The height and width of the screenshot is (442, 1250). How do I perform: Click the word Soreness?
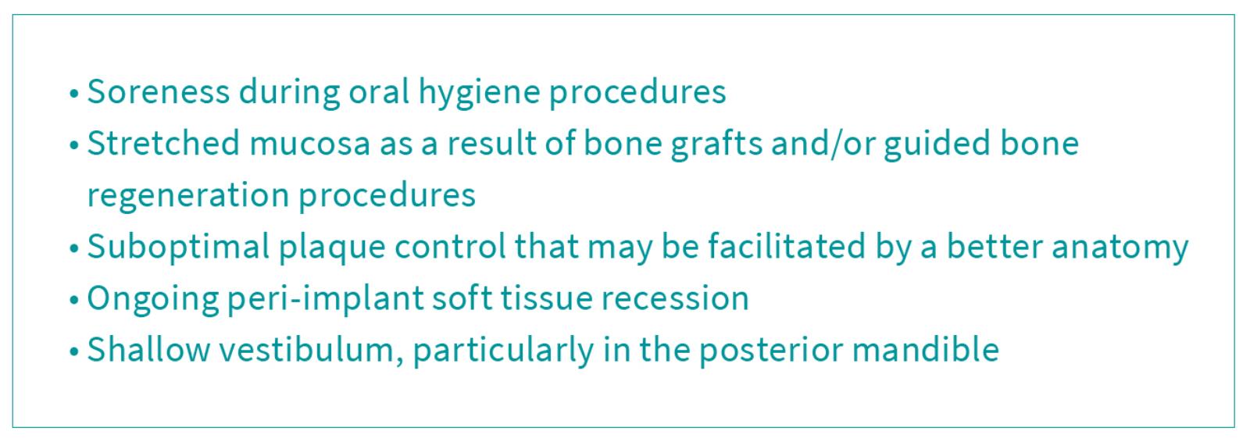point(159,91)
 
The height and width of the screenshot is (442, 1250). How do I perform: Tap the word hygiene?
point(480,93)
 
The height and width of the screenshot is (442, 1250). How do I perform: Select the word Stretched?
point(163,143)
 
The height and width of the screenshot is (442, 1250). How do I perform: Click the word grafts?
point(716,144)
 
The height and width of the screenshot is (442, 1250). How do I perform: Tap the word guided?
point(937,144)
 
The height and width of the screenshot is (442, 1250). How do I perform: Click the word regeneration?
point(188,197)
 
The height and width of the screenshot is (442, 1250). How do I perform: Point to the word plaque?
point(332,248)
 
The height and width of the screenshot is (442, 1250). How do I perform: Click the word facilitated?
point(787,247)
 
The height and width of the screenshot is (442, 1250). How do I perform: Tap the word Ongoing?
point(152,300)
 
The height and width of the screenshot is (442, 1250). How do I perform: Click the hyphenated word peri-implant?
point(325,300)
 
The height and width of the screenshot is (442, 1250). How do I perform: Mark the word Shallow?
point(148,350)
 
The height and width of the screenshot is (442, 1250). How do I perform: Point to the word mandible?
point(925,350)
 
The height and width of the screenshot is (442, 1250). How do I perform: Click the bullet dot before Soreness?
point(73,94)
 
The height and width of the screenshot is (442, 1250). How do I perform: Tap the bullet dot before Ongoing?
point(73,301)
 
